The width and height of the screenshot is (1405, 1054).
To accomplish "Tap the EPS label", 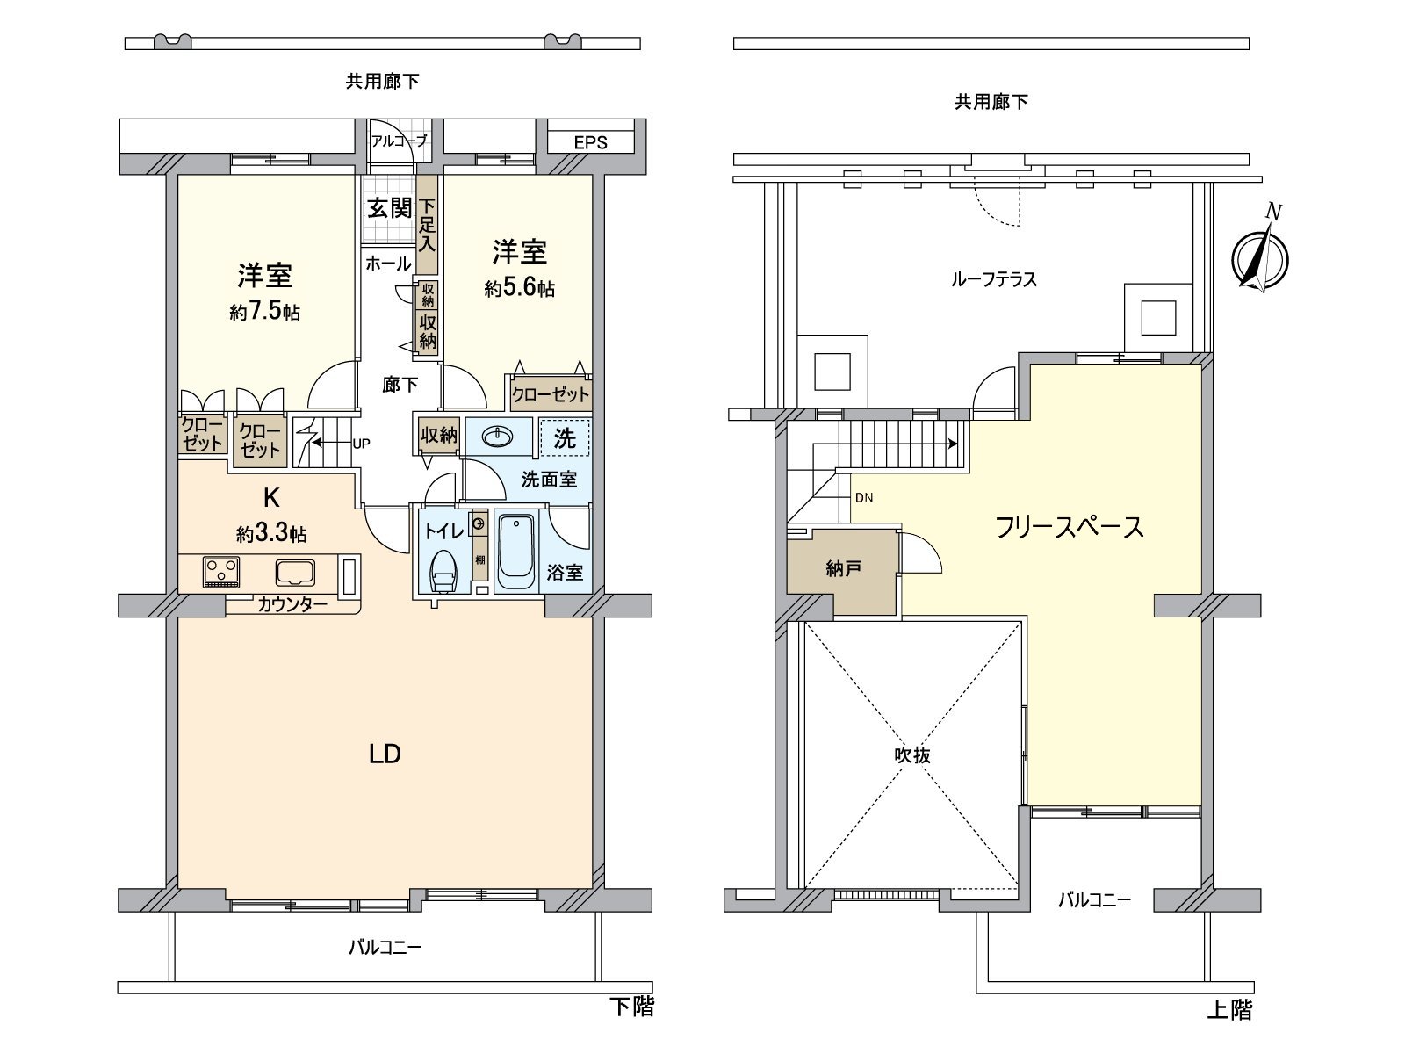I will [x=590, y=142].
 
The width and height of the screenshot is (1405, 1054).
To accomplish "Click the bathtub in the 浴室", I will [x=515, y=551].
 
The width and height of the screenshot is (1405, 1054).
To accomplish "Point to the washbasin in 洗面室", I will [x=498, y=437].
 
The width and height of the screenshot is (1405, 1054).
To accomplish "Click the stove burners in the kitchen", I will [x=220, y=572].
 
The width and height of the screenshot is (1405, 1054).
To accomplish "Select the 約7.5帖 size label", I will [x=264, y=312].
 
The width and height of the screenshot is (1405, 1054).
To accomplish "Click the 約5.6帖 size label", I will [x=519, y=288].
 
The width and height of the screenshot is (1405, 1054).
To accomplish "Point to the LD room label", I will [x=385, y=754].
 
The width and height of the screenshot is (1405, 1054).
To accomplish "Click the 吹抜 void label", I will [x=913, y=755].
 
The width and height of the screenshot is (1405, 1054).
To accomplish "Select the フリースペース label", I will [x=1069, y=527].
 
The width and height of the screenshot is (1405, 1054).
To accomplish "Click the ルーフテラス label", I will [x=993, y=279].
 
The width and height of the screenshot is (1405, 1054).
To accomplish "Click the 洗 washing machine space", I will [x=565, y=437].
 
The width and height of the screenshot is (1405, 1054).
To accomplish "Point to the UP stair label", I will [x=360, y=444].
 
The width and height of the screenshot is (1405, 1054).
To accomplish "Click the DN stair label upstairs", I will [x=863, y=498].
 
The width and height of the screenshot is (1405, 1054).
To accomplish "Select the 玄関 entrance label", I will [x=389, y=208].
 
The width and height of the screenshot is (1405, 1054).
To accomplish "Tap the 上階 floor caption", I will [x=1228, y=1009].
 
